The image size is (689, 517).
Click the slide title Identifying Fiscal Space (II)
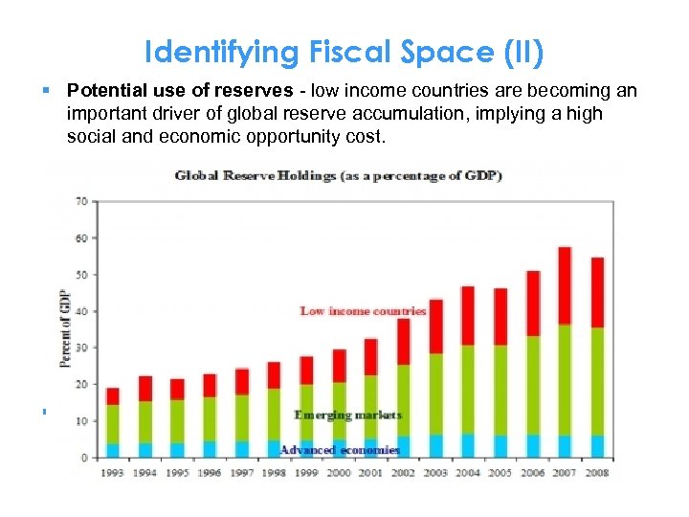(344, 53)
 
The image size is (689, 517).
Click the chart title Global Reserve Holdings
(339, 175)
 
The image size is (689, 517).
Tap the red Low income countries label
(363, 311)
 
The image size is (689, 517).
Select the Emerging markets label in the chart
(348, 416)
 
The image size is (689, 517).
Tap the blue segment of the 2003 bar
(435, 446)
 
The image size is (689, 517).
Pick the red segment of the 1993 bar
(112, 396)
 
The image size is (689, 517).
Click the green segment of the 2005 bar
(500, 390)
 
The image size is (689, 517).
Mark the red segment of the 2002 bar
(403, 341)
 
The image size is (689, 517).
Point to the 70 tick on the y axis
(81, 201)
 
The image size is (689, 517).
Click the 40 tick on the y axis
(81, 311)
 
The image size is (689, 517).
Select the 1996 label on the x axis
(210, 473)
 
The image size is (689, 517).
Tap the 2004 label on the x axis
(468, 473)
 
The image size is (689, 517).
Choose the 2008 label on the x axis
(597, 473)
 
